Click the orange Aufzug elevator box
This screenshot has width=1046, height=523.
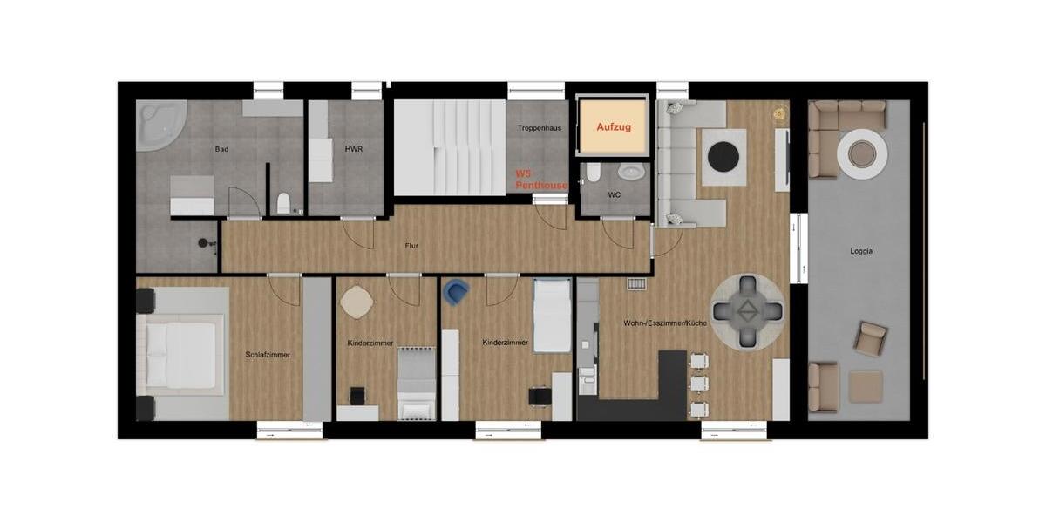[x=614, y=127]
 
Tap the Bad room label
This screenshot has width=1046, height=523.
[x=221, y=150]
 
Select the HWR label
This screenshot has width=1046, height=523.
[x=353, y=150]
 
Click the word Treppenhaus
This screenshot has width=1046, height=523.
[x=539, y=128]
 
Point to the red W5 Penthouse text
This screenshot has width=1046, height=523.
[x=540, y=180]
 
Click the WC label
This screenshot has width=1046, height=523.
[x=615, y=194]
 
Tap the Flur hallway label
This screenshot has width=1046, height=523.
[x=411, y=246]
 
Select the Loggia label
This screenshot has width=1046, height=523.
[x=861, y=251]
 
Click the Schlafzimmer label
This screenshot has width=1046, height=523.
[x=268, y=355]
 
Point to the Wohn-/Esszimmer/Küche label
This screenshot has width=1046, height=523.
[x=664, y=323]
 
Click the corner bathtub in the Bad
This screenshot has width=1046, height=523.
[x=158, y=126]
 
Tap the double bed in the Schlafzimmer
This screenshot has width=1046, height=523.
[x=180, y=355]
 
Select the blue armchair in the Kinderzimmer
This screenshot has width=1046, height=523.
[x=455, y=291]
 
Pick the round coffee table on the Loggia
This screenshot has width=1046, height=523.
[x=862, y=154]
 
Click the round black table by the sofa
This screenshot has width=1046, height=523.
[x=723, y=157]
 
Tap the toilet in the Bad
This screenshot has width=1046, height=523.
[x=283, y=204]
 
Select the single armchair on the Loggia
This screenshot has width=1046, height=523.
[x=869, y=337]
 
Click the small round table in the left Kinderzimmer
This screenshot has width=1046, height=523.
[x=357, y=302]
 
